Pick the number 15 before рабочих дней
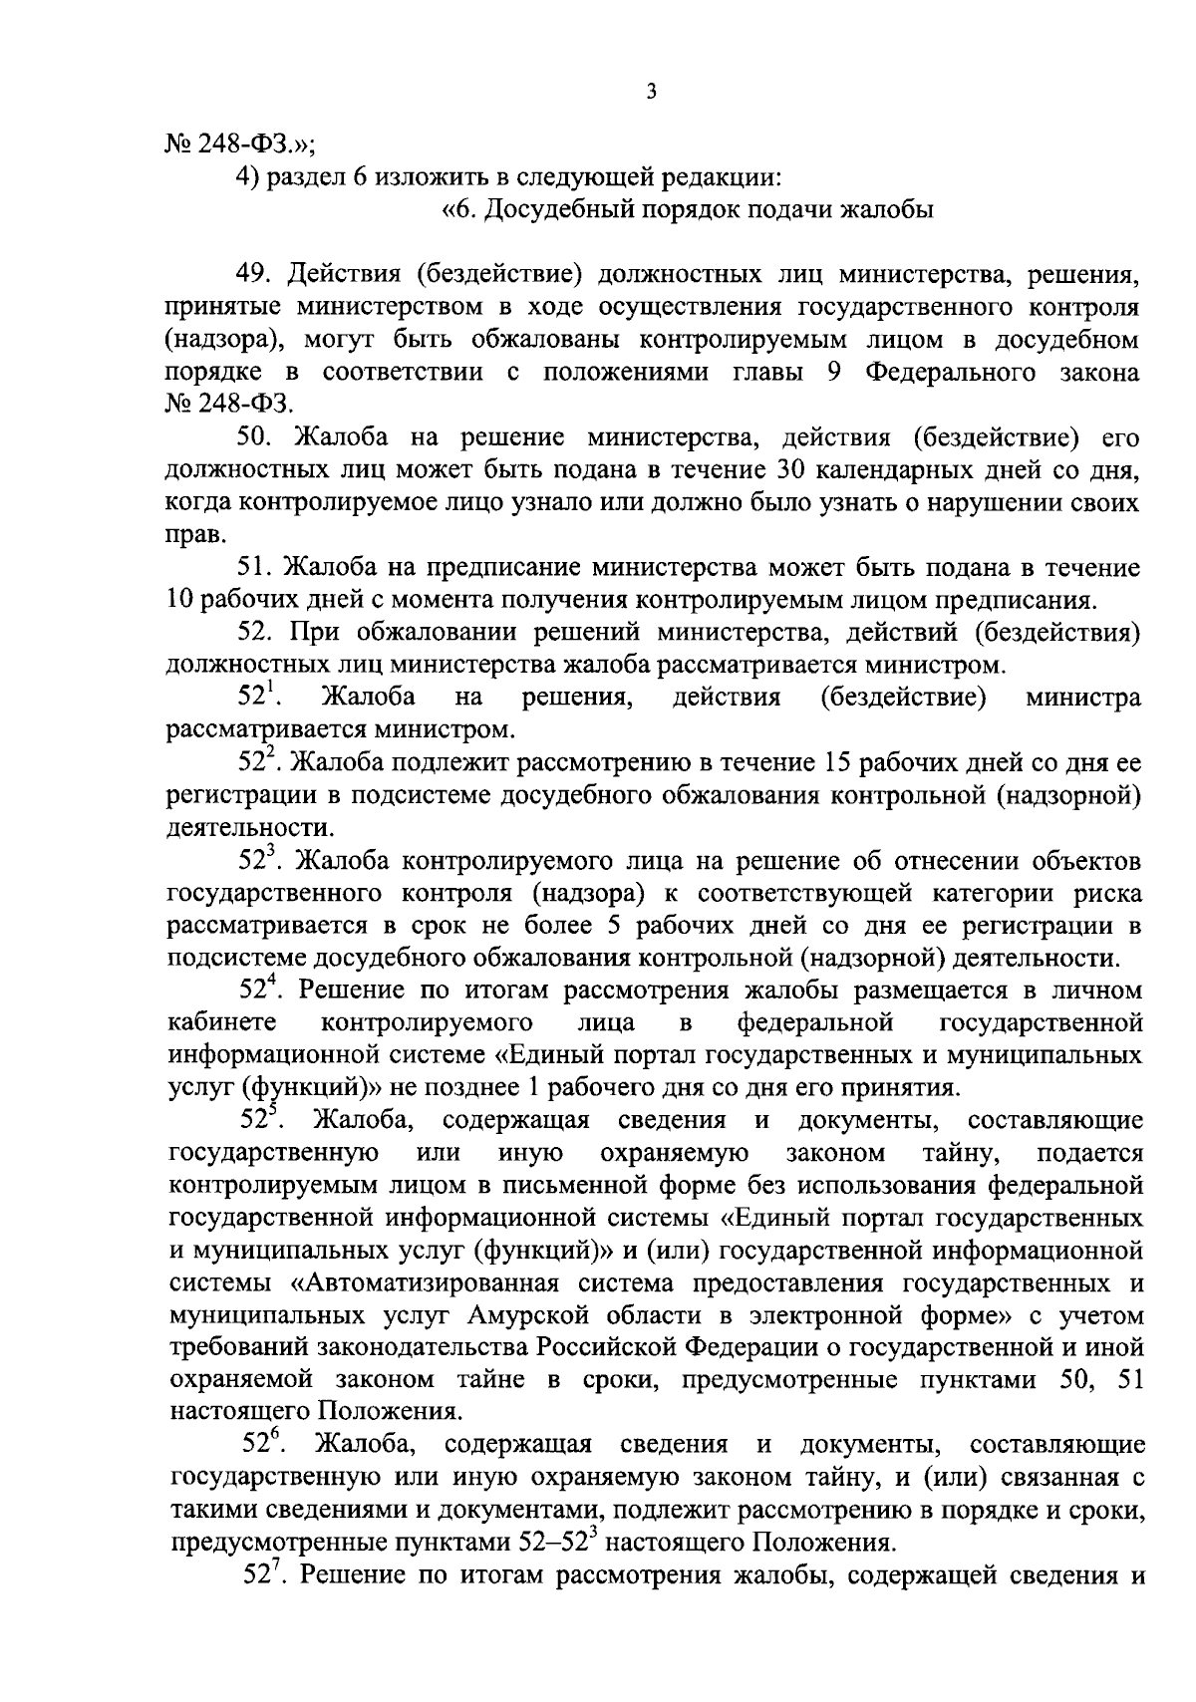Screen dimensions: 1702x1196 pyautogui.click(x=824, y=763)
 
